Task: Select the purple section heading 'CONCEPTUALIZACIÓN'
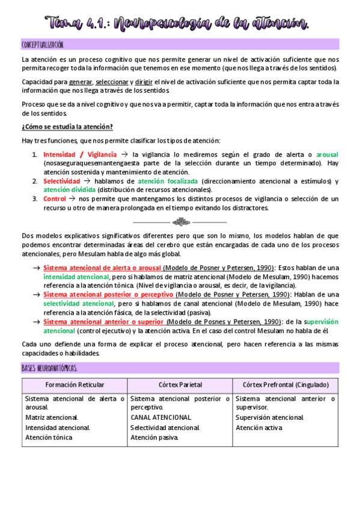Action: pyautogui.click(x=43, y=45)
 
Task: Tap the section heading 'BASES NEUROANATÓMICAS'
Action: pyautogui.click(x=49, y=367)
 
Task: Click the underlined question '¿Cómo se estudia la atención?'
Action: pyautogui.click(x=67, y=126)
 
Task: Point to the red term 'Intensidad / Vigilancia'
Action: pyautogui.click(x=80, y=155)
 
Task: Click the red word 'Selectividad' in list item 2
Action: pyautogui.click(x=61, y=181)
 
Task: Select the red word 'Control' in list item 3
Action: pyautogui.click(x=55, y=198)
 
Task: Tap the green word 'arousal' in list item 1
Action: pyautogui.click(x=327, y=155)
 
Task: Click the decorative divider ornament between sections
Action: pyautogui.click(x=180, y=222)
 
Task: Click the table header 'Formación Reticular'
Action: pyautogui.click(x=75, y=385)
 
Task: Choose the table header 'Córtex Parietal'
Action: pyautogui.click(x=180, y=385)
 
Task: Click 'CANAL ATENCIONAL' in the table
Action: pyautogui.click(x=161, y=417)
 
